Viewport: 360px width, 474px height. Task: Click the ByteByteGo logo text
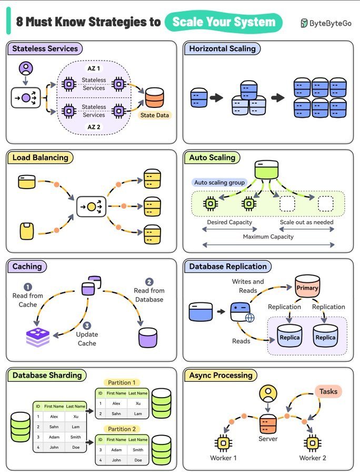pyautogui.click(x=331, y=23)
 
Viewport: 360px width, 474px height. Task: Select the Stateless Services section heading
pyautogui.click(x=45, y=48)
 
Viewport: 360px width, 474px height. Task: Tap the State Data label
pyautogui.click(x=155, y=115)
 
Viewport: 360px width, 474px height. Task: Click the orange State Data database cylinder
pyautogui.click(x=155, y=97)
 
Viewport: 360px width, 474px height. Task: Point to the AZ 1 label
pyautogui.click(x=94, y=68)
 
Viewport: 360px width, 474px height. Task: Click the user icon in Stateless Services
pyautogui.click(x=26, y=68)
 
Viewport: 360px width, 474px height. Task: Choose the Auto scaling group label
pyautogui.click(x=219, y=183)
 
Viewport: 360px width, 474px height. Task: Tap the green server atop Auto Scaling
pyautogui.click(x=266, y=170)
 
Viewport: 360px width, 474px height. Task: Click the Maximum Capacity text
pyautogui.click(x=268, y=236)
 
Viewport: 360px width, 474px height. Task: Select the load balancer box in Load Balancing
pyautogui.click(x=91, y=207)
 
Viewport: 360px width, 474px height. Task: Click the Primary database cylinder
pyautogui.click(x=307, y=286)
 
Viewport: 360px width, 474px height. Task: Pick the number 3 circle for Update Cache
pyautogui.click(x=87, y=325)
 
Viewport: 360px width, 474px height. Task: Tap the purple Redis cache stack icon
pyautogui.click(x=38, y=337)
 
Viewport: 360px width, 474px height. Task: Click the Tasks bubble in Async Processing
pyautogui.click(x=328, y=391)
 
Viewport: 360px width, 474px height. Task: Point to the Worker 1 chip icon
pyautogui.click(x=223, y=443)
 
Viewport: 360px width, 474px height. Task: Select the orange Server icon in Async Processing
pyautogui.click(x=268, y=424)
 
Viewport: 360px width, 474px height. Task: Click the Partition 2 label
pyautogui.click(x=122, y=429)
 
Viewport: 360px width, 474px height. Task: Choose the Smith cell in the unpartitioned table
pyautogui.click(x=75, y=437)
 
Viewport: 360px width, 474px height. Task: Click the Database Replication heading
pyautogui.click(x=228, y=266)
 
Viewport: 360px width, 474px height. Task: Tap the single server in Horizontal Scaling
pyautogui.click(x=199, y=97)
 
